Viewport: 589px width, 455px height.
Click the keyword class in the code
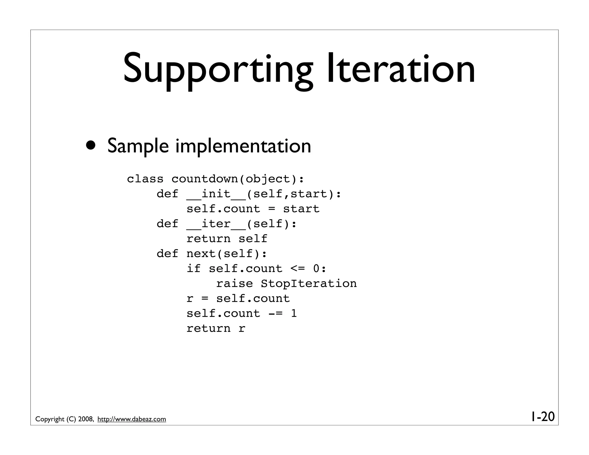click(145, 179)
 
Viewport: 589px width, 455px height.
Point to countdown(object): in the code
click(238, 179)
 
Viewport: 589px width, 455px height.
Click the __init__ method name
click(216, 194)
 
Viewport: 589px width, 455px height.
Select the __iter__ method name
click(216, 224)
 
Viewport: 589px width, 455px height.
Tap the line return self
click(227, 239)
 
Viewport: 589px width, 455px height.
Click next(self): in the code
click(227, 254)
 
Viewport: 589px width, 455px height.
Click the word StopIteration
click(309, 284)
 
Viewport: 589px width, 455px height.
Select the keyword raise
click(234, 284)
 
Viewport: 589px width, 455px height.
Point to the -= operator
click(275, 313)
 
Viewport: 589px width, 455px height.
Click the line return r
click(216, 328)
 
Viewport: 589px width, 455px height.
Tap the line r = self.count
click(238, 299)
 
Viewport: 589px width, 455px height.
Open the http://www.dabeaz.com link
click(132, 419)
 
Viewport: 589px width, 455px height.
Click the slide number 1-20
click(542, 417)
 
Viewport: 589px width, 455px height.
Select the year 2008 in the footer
click(85, 419)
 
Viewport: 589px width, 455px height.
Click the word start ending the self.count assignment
click(301, 209)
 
